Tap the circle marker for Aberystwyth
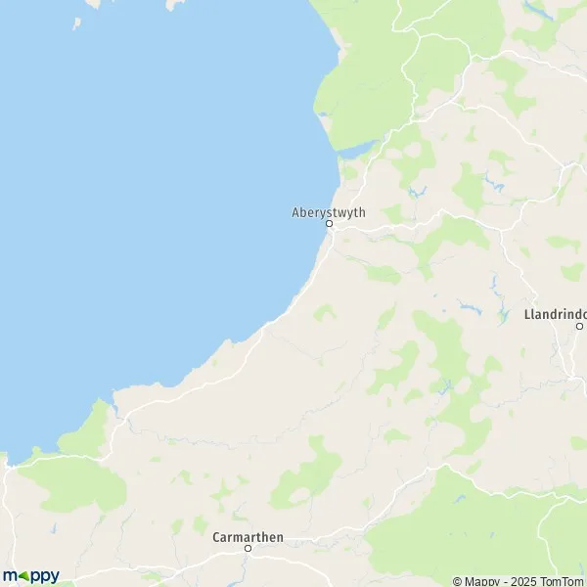coord(329,223)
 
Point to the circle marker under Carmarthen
coord(248,548)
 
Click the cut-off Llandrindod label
coord(556,314)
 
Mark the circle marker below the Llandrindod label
coord(579,326)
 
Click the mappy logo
coord(30,575)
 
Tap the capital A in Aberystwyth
coord(295,210)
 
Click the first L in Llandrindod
coord(528,314)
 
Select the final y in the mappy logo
coord(53,576)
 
